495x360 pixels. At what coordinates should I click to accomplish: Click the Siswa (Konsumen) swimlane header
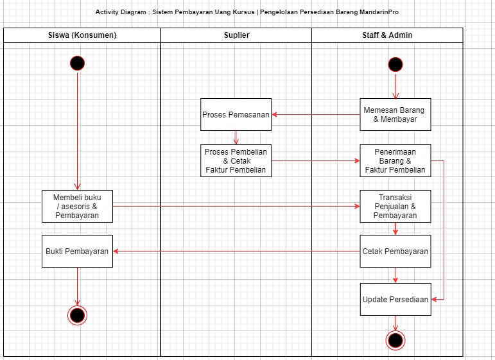tap(82, 35)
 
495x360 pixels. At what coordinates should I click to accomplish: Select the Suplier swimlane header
tap(236, 35)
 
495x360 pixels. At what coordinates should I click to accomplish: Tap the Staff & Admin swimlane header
tap(387, 35)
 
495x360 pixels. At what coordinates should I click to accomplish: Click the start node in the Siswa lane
tap(77, 63)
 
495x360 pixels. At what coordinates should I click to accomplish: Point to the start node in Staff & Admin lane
tap(395, 64)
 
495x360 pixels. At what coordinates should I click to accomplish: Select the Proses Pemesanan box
tap(236, 114)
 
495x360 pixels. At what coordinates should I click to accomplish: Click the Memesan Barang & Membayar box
tap(395, 114)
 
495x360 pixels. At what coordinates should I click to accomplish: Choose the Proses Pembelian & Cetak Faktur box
tap(236, 160)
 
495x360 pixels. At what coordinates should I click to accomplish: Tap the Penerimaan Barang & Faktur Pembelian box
tap(395, 160)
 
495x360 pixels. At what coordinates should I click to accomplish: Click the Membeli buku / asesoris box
tap(77, 206)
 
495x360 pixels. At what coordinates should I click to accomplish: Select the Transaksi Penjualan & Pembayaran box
tap(395, 206)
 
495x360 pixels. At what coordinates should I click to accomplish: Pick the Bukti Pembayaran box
tap(77, 251)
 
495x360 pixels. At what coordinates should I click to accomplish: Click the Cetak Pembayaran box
tap(395, 251)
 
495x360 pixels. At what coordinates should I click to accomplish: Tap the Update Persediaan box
tap(395, 299)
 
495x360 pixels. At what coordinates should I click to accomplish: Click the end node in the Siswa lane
tap(77, 315)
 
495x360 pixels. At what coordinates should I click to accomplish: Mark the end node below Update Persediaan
tap(395, 340)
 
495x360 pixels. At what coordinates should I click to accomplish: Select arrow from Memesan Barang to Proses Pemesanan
tap(315, 114)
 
